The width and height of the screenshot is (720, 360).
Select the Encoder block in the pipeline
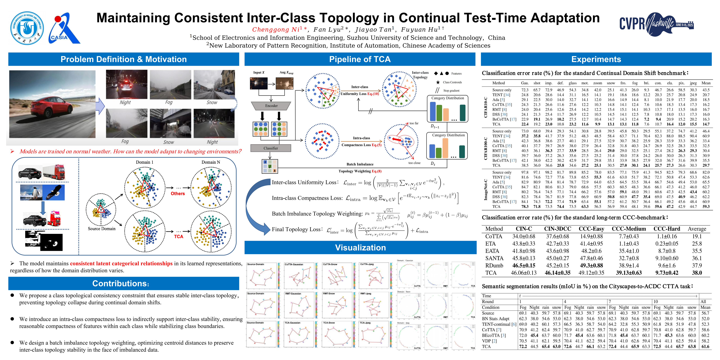click(271, 106)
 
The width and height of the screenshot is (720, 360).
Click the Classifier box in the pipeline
click(271, 148)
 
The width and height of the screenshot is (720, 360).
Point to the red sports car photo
click(52, 104)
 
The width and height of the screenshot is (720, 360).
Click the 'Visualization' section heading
click(360, 248)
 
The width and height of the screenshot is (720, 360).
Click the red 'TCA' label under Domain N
click(179, 236)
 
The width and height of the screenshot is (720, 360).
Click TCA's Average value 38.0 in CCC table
click(697, 273)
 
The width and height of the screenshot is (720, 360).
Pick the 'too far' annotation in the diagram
click(414, 123)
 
